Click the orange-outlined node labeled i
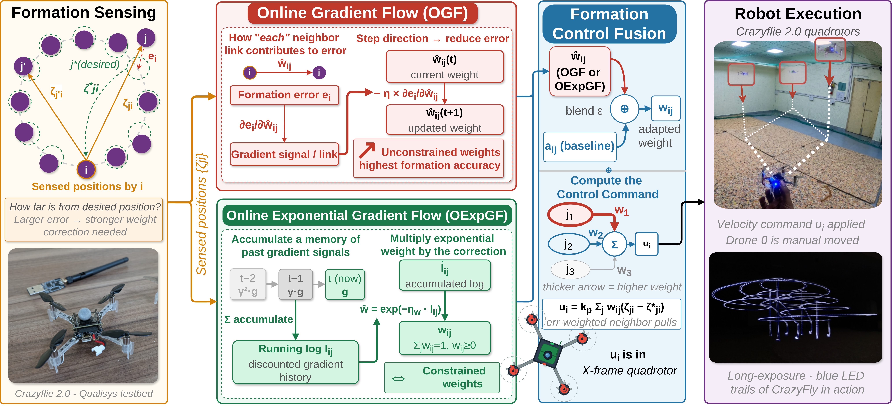tap(86, 170)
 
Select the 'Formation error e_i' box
tap(284, 95)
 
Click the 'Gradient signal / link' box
tap(284, 154)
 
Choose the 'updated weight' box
tap(445, 120)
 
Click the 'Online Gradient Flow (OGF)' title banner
tap(362, 13)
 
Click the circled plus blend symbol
tap(624, 109)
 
